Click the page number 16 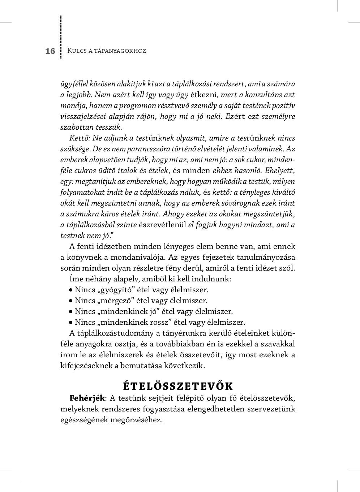(x=50, y=51)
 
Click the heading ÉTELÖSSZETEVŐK (x=178, y=386)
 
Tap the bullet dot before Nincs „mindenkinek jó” (x=71, y=311)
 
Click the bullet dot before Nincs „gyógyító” (x=71, y=290)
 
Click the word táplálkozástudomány (x=115, y=333)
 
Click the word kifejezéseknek (x=86, y=366)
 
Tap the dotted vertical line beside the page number (x=61, y=36)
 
